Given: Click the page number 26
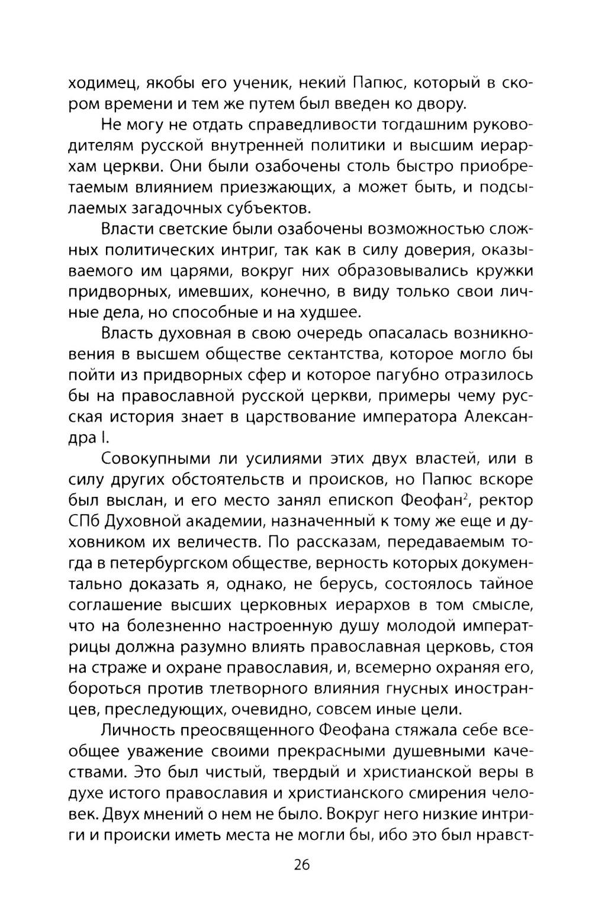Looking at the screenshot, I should point(301,865).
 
